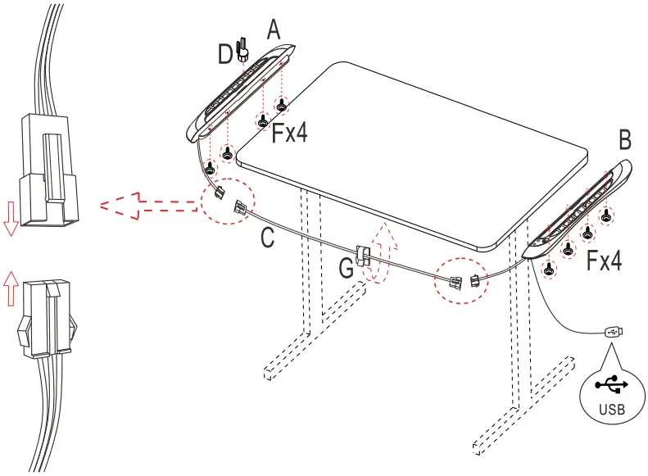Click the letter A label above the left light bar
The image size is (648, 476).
[274, 30]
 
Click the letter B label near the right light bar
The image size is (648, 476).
[625, 140]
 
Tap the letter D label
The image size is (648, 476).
[224, 55]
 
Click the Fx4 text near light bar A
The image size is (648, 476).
[290, 134]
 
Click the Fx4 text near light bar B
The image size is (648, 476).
[604, 261]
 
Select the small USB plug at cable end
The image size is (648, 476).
[615, 332]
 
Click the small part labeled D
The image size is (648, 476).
[242, 52]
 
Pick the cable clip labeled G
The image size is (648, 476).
[365, 257]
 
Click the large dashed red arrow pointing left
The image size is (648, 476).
[147, 205]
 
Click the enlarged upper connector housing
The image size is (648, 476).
[48, 168]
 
